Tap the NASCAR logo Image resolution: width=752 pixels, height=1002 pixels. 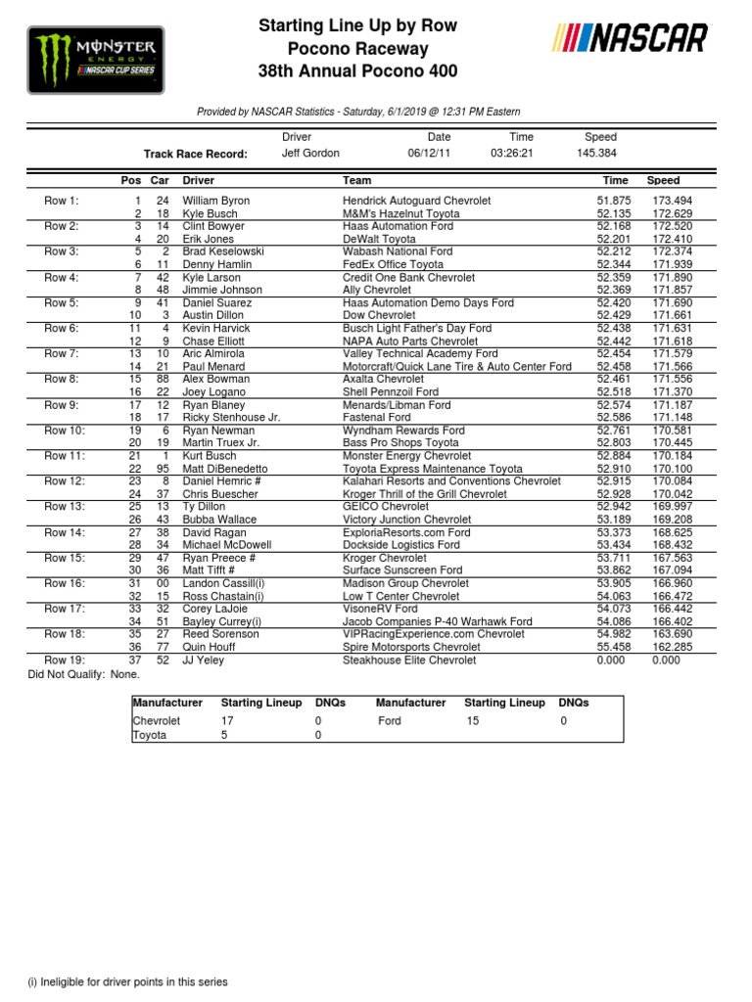631,38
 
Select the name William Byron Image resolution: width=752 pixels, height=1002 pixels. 216,201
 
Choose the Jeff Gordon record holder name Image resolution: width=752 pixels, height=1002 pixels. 310,154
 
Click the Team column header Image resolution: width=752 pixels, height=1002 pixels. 356,181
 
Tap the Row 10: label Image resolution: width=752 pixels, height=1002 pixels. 66,431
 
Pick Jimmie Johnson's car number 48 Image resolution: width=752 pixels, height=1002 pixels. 162,290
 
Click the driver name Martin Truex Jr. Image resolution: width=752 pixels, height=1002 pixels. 221,443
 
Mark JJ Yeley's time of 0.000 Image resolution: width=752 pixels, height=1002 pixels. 612,660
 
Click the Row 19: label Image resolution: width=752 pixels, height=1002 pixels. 66,660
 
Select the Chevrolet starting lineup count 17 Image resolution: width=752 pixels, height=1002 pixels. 227,721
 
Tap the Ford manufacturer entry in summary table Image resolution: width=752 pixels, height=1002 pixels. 390,721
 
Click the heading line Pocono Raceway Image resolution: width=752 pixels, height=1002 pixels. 357,49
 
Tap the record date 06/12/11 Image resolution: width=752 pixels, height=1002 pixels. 429,154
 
